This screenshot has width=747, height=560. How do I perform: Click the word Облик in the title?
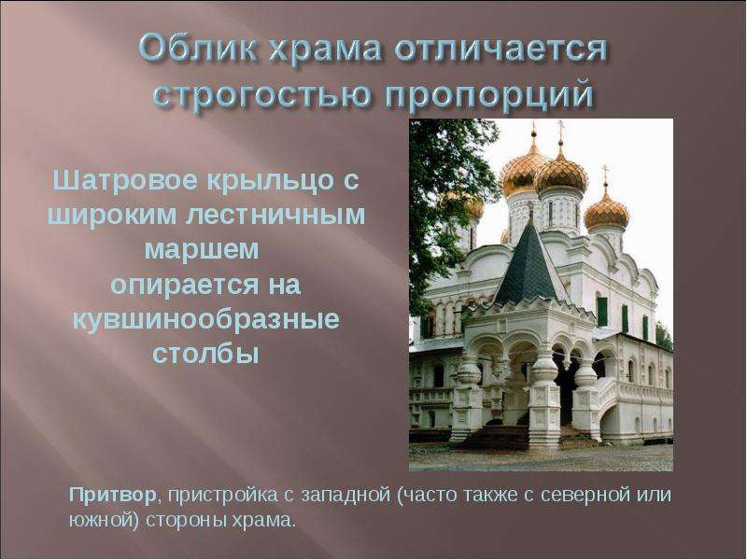(197, 48)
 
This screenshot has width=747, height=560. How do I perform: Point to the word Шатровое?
(124, 181)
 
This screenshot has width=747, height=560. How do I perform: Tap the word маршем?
(202, 249)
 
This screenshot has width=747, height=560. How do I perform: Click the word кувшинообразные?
(205, 319)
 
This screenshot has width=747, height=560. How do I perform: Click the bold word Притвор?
(113, 496)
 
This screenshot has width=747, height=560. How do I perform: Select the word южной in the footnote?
(101, 521)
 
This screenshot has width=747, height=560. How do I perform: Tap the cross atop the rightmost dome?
(605, 175)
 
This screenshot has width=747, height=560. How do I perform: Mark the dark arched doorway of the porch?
(568, 386)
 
